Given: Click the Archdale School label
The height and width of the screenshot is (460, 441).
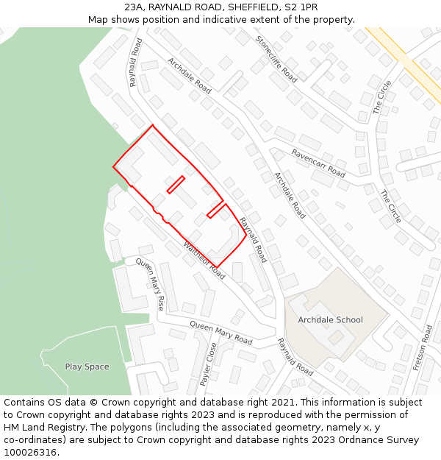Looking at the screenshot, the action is pyautogui.click(x=330, y=319).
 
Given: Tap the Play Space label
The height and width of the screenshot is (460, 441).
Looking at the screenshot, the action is pyautogui.click(x=87, y=367).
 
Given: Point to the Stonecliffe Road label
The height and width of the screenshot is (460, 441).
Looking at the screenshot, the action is pyautogui.click(x=276, y=58).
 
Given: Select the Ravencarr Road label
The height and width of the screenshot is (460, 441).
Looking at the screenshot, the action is pyautogui.click(x=318, y=163).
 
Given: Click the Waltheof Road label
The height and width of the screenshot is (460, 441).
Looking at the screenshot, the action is pyautogui.click(x=204, y=259).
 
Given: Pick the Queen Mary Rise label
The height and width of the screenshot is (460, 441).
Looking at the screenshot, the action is pyautogui.click(x=151, y=284).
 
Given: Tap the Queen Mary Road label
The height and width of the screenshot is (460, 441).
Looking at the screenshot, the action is pyautogui.click(x=220, y=333).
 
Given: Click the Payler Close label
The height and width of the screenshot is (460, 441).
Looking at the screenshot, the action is pyautogui.click(x=209, y=364).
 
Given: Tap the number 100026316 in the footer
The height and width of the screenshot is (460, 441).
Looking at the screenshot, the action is pyautogui.click(x=30, y=453).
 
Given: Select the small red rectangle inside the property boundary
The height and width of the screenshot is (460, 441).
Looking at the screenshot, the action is pyautogui.click(x=176, y=184).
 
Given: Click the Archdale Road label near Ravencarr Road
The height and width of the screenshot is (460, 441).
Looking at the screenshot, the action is pyautogui.click(x=290, y=195).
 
